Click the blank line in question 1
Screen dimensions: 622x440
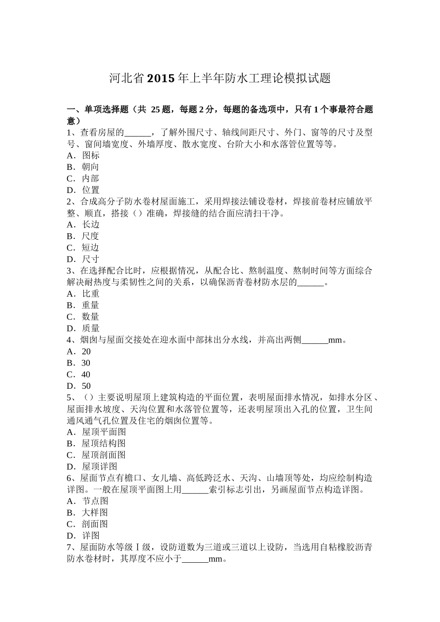[x=138, y=133]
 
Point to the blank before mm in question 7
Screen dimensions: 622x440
[x=195, y=560]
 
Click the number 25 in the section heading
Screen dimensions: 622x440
[x=156, y=110]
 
